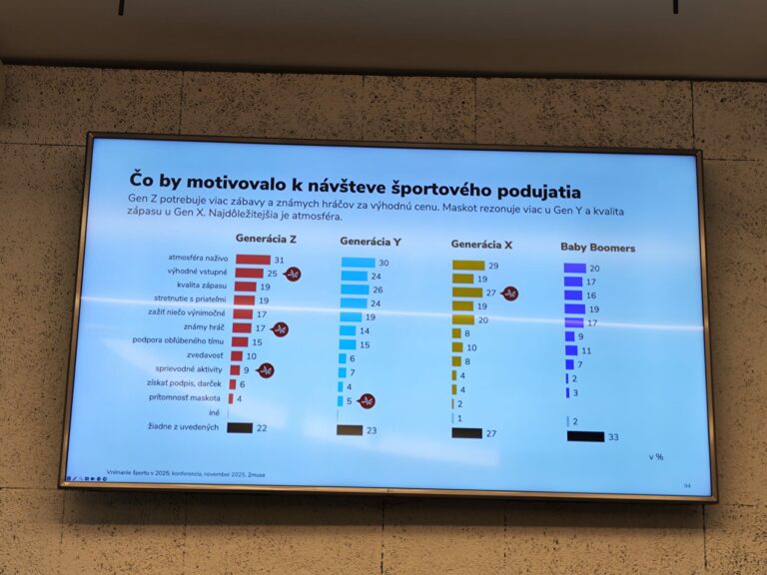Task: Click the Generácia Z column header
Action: coord(266,239)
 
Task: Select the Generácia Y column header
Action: coord(372,242)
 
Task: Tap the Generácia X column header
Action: coord(481,244)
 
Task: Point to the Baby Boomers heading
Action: coord(597,248)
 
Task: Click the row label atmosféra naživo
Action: coord(200,259)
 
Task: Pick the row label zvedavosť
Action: coord(208,355)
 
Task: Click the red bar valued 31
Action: coord(253,260)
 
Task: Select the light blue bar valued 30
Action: coord(358,263)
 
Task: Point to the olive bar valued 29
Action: coord(467,266)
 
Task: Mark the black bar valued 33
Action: coord(585,436)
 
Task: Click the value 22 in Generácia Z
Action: coord(263,428)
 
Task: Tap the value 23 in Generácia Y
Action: coord(373,430)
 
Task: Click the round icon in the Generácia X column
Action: coord(509,293)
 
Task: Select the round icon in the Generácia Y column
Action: coord(368,401)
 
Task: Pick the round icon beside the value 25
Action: coord(293,274)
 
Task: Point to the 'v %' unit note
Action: coord(656,456)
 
